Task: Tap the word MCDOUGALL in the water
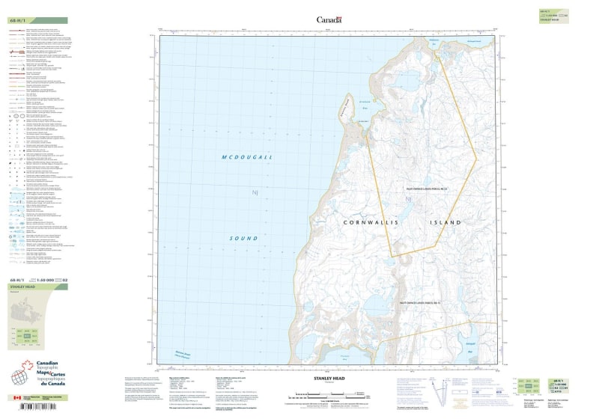point(247,156)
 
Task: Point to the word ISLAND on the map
point(443,223)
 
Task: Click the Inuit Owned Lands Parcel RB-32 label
point(409,189)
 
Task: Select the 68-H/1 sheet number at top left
point(17,20)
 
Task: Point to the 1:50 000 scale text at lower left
point(45,279)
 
